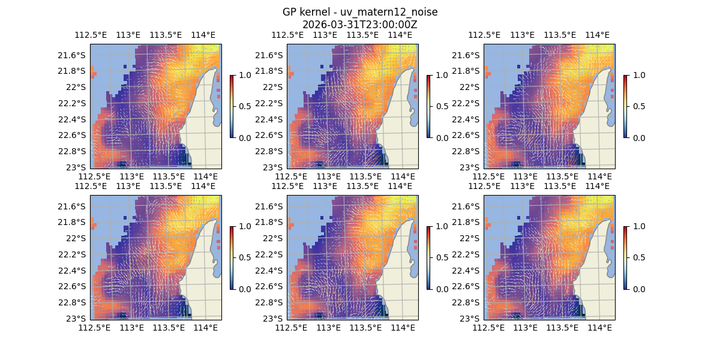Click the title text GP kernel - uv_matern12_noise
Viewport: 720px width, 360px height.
[x=359, y=12]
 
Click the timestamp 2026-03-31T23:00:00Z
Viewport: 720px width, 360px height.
[x=359, y=25]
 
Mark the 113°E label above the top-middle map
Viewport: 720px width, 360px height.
[x=325, y=35]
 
